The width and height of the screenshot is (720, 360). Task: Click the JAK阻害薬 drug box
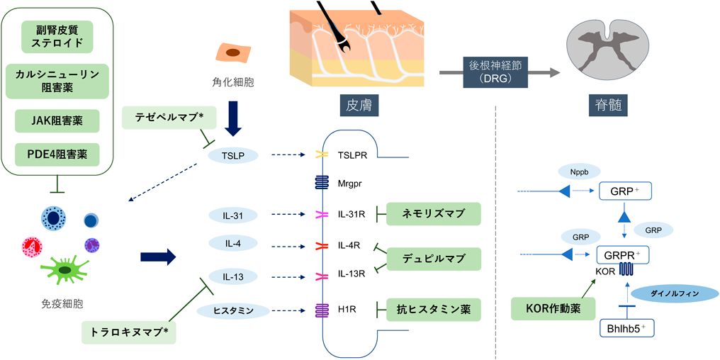[57, 121]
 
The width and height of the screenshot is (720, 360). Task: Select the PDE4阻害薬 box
[57, 153]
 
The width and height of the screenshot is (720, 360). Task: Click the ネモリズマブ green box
[433, 213]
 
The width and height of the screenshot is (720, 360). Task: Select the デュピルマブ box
[433, 258]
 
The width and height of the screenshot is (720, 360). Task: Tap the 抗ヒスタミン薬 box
[433, 309]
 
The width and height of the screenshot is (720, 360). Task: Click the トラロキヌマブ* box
[128, 331]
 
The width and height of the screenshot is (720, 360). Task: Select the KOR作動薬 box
[551, 310]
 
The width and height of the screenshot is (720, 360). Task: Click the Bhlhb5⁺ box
[626, 328]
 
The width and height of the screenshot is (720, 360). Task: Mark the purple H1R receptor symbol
[322, 310]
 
